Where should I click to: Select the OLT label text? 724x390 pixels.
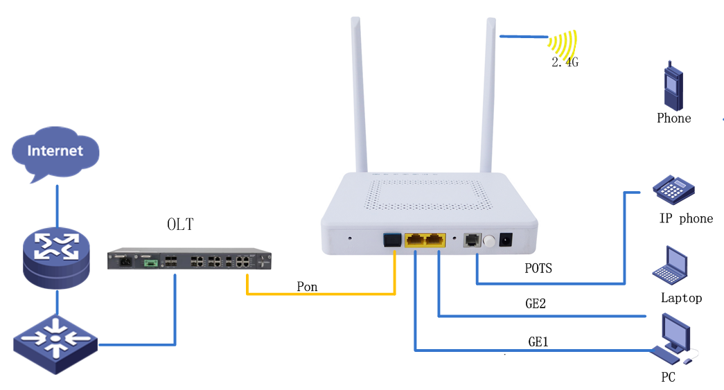click(x=180, y=224)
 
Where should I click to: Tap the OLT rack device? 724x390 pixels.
click(x=189, y=260)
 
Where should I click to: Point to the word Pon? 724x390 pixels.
click(x=307, y=287)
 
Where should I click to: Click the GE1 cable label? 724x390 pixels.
click(x=540, y=342)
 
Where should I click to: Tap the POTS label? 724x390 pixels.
click(x=538, y=268)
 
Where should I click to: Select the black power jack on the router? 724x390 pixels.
click(x=506, y=240)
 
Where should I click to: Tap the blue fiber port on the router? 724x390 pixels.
click(x=391, y=240)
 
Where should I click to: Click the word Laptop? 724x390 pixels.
click(x=681, y=298)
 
